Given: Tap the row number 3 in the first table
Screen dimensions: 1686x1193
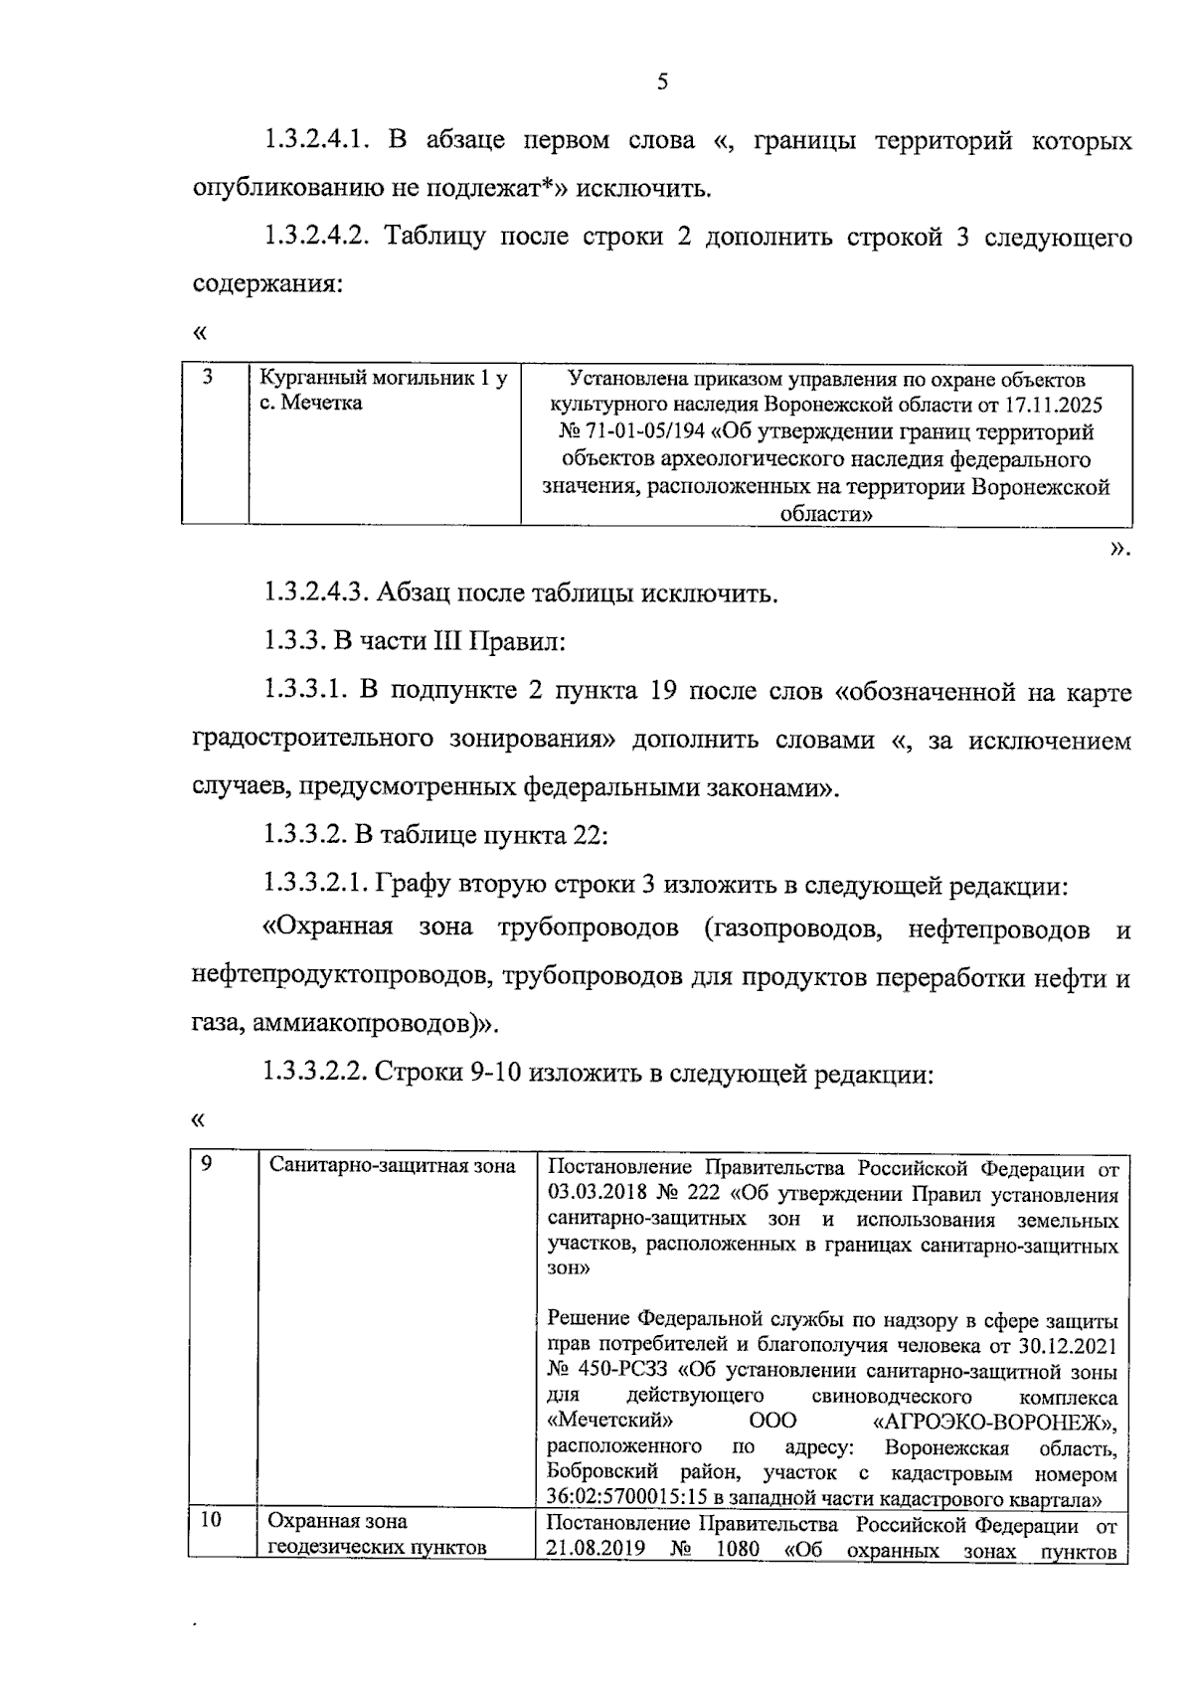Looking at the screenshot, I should point(207,377).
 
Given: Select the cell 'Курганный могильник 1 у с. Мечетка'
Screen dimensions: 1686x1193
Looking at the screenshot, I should point(383,391).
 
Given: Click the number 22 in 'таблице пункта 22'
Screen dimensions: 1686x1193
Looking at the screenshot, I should point(588,835).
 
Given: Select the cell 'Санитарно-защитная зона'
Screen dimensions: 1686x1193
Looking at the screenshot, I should point(393,1166).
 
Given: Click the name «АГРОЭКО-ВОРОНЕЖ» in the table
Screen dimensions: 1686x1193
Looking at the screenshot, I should point(993,1422).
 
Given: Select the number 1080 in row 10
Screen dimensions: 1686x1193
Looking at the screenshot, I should point(737,1550).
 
